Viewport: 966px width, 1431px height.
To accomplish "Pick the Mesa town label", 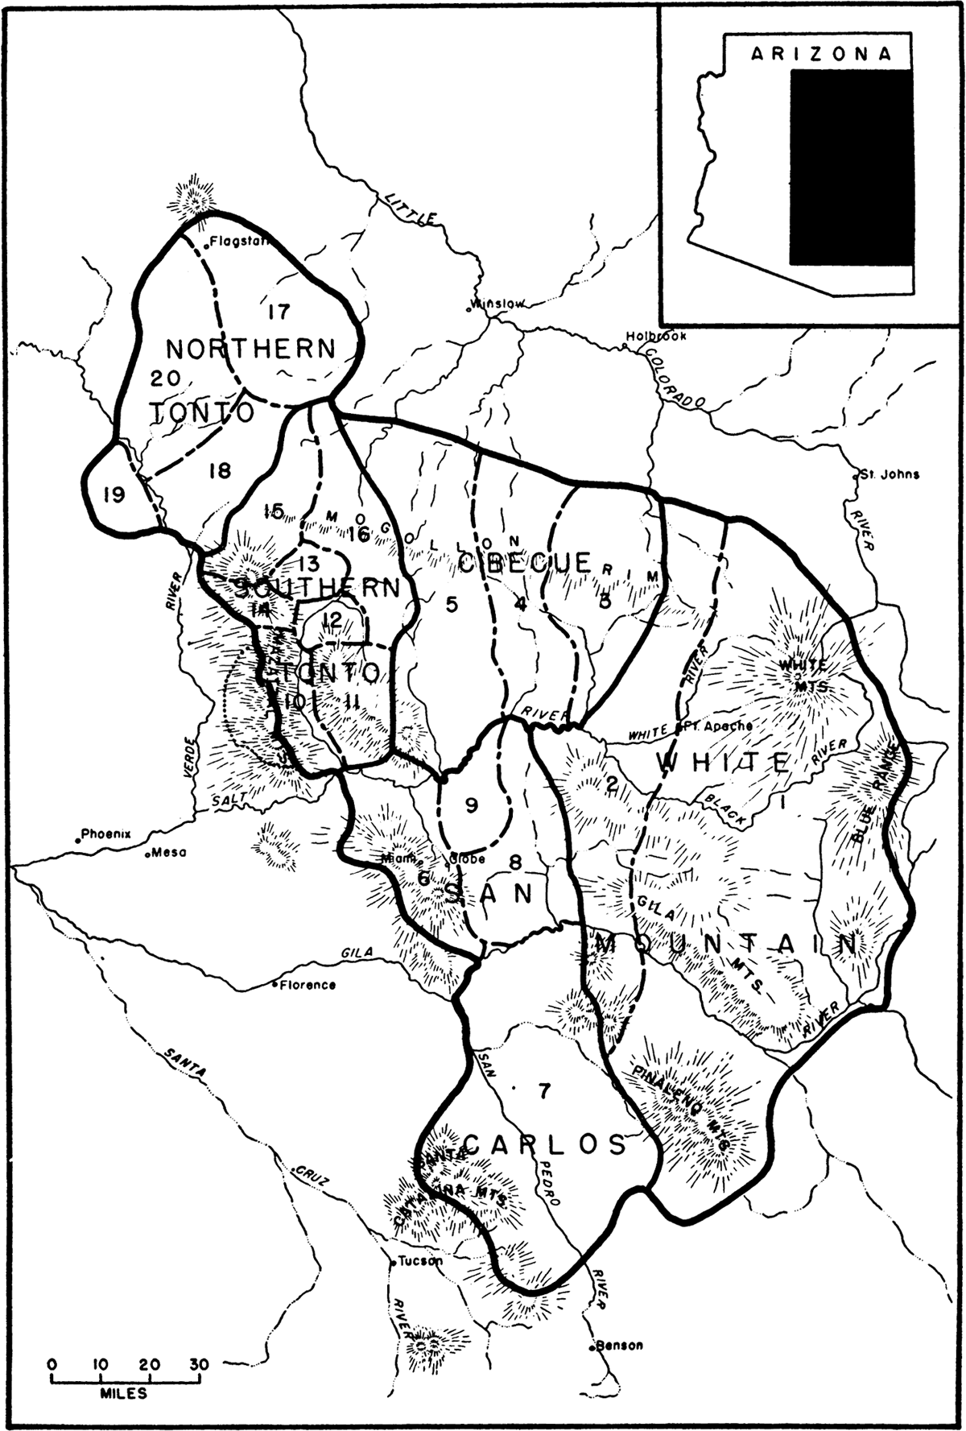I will tap(167, 854).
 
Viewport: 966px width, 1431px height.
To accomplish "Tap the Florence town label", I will tap(308, 984).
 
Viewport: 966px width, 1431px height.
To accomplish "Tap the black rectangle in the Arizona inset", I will tap(851, 167).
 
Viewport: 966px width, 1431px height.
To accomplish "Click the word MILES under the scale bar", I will tap(125, 1392).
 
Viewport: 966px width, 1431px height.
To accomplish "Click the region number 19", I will tap(114, 494).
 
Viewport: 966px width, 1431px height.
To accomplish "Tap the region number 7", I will tap(544, 1091).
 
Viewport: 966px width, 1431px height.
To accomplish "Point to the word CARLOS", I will tap(545, 1144).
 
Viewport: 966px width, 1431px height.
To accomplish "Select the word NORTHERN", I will tap(250, 349).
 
